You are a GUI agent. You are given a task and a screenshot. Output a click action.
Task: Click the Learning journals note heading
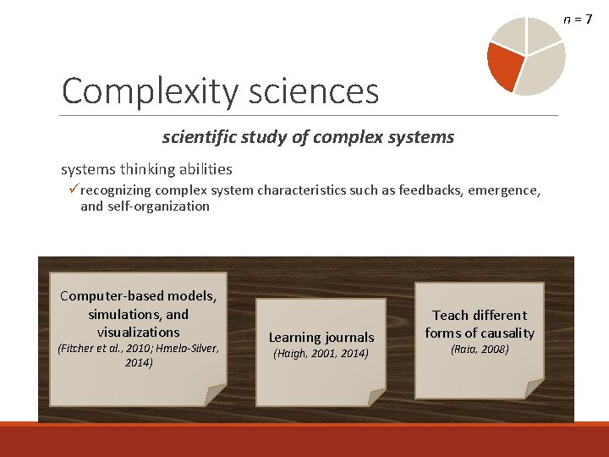[x=321, y=337]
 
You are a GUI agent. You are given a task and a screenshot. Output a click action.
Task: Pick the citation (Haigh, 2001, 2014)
[x=321, y=354]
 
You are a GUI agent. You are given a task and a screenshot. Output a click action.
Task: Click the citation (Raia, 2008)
[x=480, y=349]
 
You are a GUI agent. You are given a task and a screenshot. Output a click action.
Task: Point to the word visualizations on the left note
[x=138, y=332]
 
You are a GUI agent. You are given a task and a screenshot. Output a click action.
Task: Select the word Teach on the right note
[x=450, y=315]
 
